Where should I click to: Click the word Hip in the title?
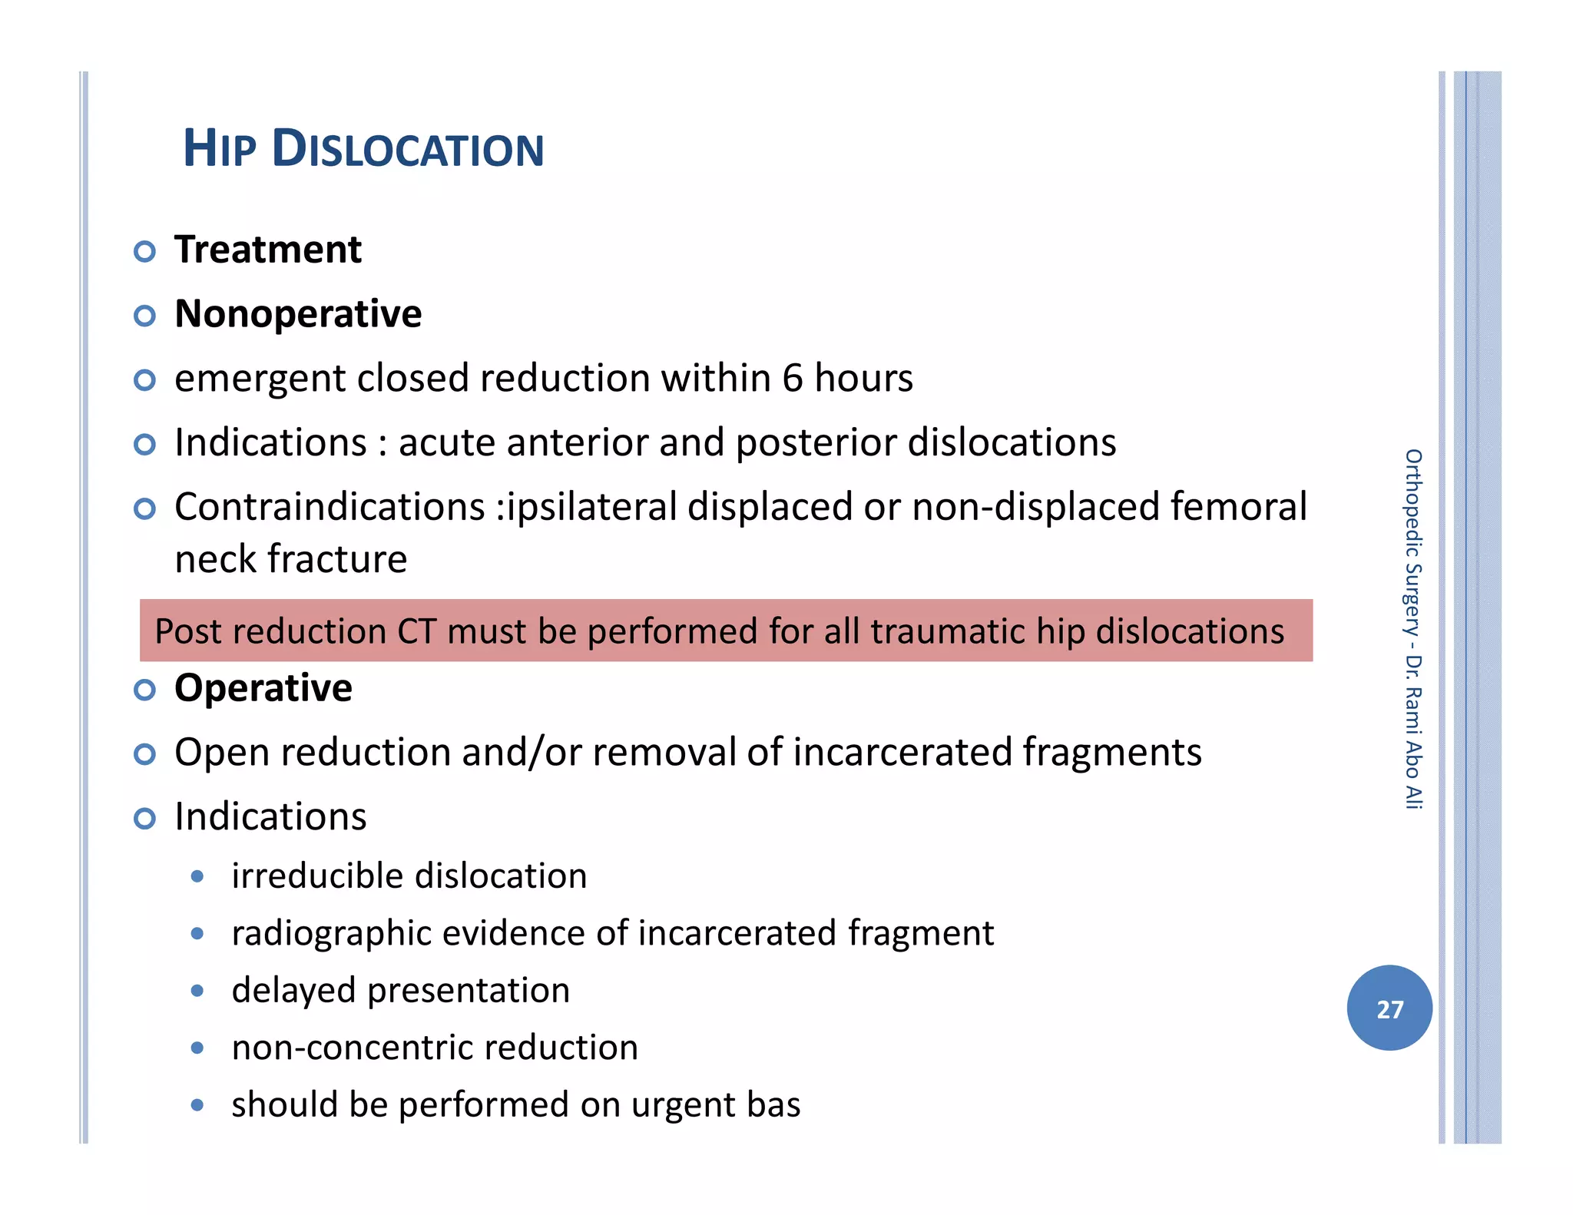coord(218,148)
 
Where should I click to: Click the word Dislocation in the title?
coord(408,148)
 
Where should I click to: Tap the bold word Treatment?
coord(267,250)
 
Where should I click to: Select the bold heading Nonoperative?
coord(298,314)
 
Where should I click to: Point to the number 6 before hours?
coord(793,378)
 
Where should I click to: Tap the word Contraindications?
coord(330,507)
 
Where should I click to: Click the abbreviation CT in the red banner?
coord(416,631)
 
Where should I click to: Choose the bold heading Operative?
coord(263,688)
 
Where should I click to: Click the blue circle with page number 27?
coord(1389,1008)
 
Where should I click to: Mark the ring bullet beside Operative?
coord(144,690)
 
